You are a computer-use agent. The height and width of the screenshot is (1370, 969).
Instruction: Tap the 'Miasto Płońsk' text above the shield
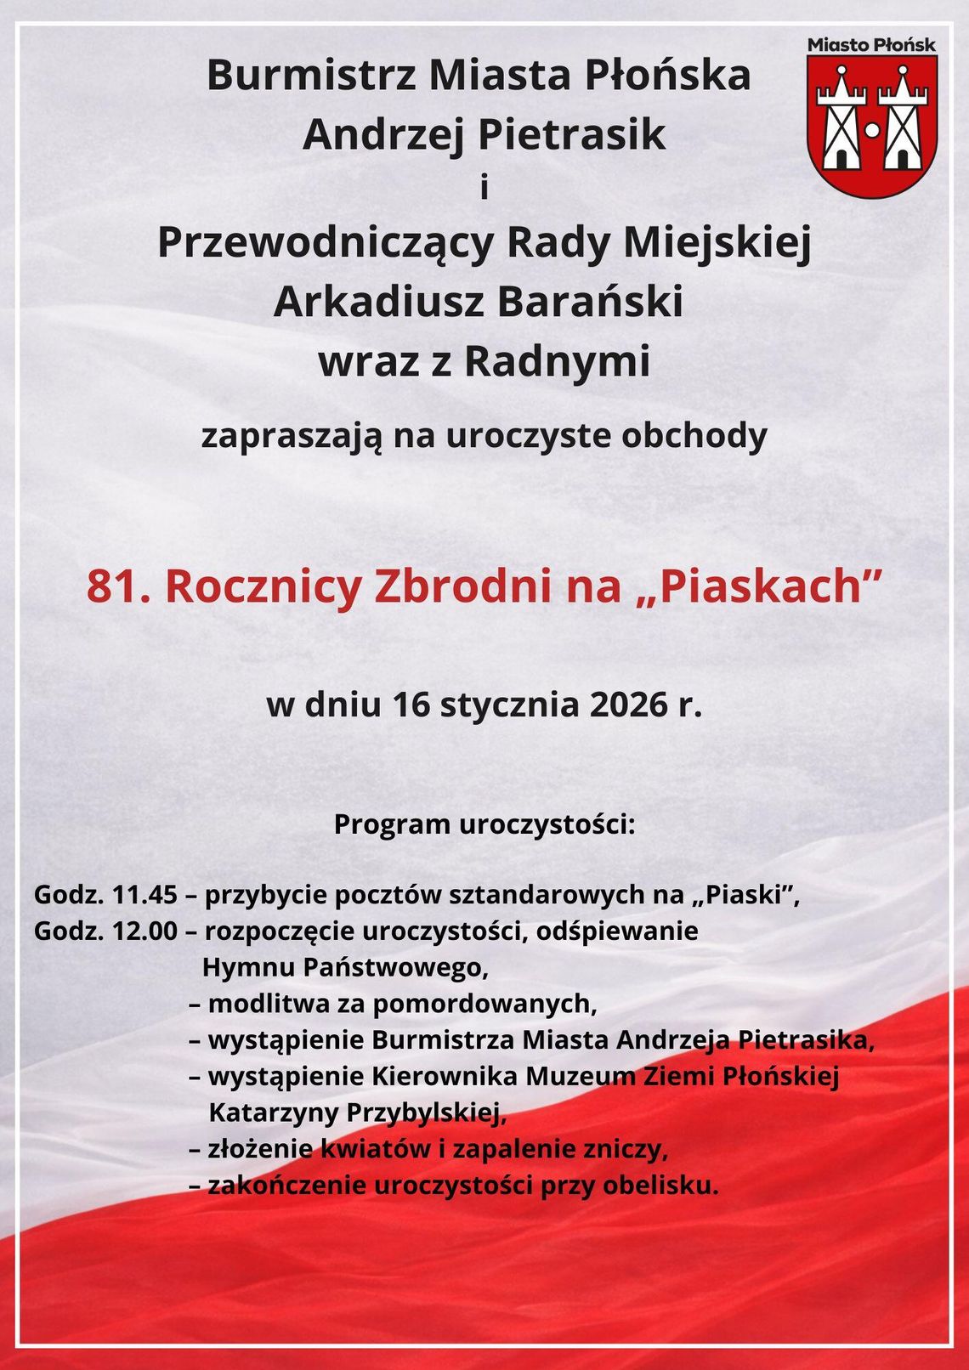coord(871,45)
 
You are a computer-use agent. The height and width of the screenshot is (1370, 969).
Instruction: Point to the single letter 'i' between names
coord(484,188)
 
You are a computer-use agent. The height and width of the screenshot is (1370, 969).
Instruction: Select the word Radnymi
coord(557,361)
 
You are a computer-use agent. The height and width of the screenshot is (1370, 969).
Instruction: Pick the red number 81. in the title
coord(119,586)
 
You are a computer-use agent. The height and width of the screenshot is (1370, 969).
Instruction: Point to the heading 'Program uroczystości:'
coord(484,824)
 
